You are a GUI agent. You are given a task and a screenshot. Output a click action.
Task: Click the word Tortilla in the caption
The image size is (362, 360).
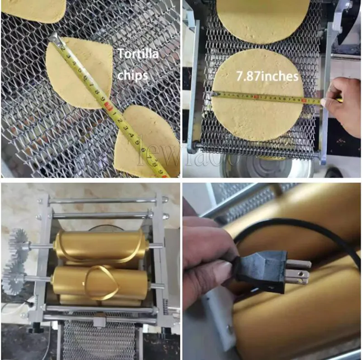click(138, 55)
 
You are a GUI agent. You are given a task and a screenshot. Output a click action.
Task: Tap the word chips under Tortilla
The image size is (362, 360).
click(133, 75)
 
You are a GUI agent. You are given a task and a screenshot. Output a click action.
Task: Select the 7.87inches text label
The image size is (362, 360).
click(267, 76)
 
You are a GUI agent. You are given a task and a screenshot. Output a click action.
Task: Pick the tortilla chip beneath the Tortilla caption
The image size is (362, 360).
click(79, 72)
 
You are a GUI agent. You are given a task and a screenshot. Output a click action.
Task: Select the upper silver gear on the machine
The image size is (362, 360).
click(20, 242)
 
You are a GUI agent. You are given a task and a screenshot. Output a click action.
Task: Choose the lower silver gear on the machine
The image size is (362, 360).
click(14, 276)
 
